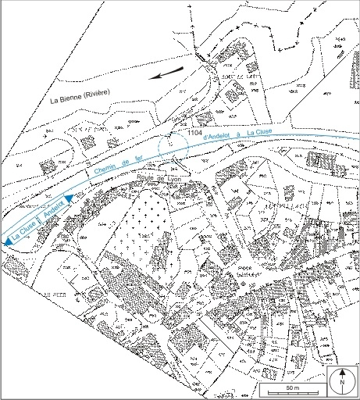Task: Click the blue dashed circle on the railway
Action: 173,147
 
